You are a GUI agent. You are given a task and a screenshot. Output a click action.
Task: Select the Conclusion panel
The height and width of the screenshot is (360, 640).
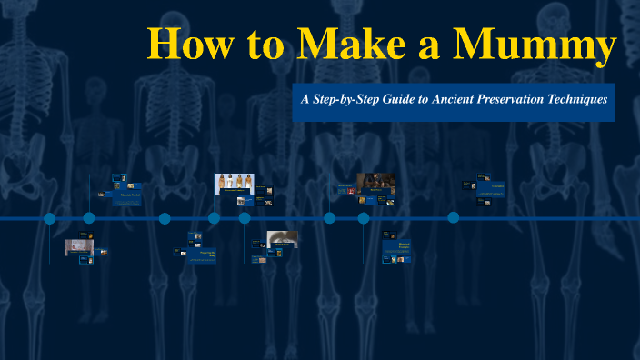[x=496, y=187]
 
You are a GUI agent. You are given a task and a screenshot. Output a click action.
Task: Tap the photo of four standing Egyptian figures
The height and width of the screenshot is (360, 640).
[x=233, y=184]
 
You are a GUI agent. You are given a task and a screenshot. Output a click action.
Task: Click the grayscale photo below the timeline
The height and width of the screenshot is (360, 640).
[x=283, y=239]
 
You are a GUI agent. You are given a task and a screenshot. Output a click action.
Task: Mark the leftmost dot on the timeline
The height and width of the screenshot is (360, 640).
[x=49, y=218]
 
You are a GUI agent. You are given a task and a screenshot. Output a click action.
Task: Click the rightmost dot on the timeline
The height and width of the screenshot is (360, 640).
[x=453, y=218]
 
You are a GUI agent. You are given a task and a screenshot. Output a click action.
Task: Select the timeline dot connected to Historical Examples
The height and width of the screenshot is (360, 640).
[x=364, y=218]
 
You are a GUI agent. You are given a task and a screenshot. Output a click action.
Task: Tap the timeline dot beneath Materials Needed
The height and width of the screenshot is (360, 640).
[x=89, y=218]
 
